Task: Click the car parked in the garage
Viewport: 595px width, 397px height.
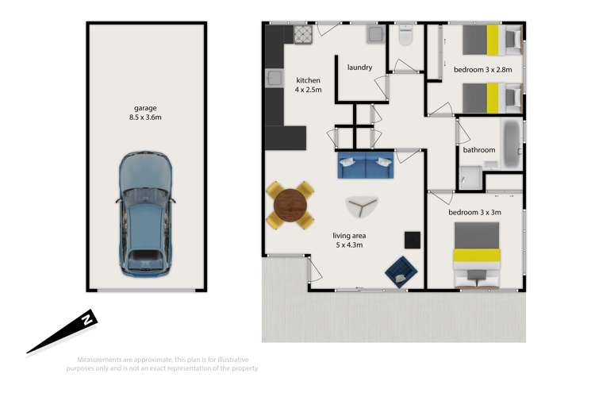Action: tap(145, 214)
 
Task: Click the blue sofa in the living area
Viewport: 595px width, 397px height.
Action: tap(365, 167)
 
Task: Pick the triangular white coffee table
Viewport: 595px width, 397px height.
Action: tap(363, 207)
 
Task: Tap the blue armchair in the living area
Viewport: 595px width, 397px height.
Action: tap(401, 270)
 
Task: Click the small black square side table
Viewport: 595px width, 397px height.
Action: tap(413, 239)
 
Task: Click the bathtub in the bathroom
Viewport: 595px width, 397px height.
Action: tap(511, 143)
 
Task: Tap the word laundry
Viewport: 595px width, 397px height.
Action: tap(359, 67)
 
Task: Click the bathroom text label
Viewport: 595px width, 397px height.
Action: tap(479, 150)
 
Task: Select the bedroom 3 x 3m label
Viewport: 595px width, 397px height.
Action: tap(474, 212)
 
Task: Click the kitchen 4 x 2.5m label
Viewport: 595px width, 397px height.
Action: tap(308, 85)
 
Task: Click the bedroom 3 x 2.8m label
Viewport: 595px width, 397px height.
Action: tap(482, 70)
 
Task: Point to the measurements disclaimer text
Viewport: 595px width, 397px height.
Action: tap(167, 362)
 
